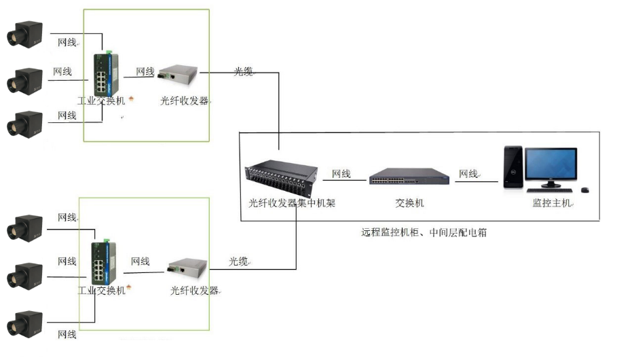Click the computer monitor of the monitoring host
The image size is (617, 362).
550,167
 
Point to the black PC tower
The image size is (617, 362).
512,168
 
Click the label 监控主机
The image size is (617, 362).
552,203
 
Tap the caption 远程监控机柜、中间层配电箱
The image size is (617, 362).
424,232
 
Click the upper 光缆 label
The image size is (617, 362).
243,71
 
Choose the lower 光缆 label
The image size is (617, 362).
238,261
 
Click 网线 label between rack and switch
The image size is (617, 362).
341,175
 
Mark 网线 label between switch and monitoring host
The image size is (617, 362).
468,175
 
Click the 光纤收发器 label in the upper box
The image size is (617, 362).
184,101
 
